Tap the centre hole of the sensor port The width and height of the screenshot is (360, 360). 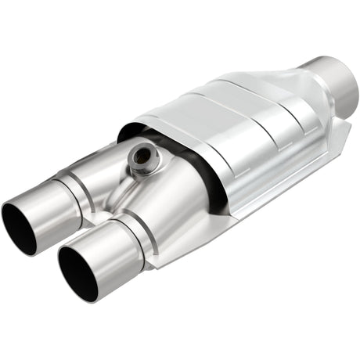[143, 156]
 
